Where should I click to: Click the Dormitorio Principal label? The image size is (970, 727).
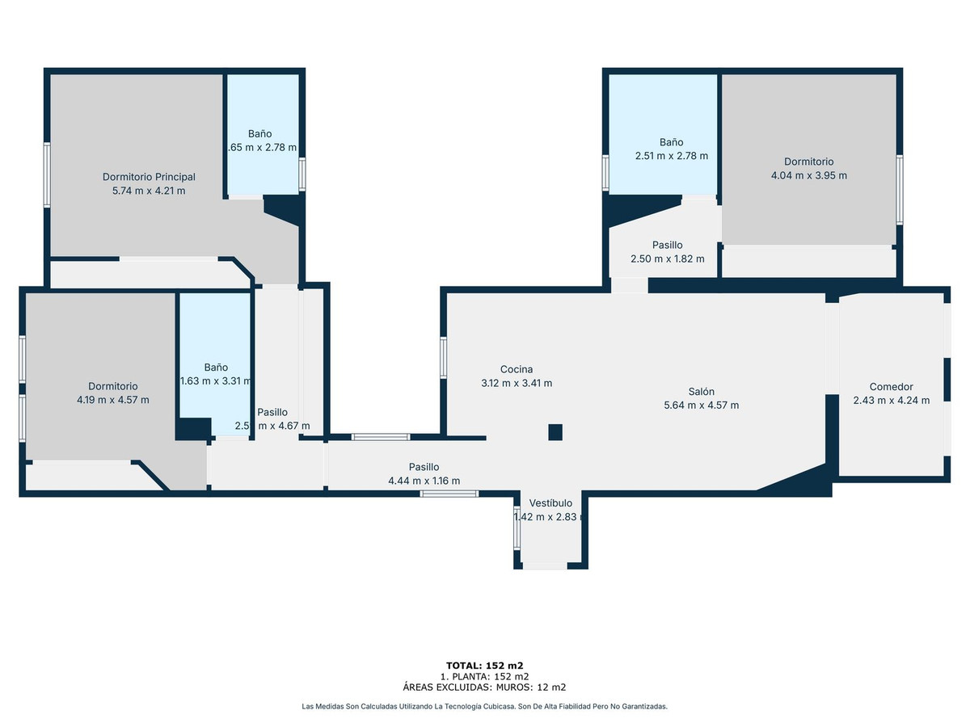click(x=149, y=177)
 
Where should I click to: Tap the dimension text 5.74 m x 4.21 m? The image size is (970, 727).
click(x=149, y=191)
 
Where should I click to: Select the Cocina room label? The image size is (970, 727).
click(x=517, y=369)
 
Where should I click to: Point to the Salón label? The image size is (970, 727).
click(x=701, y=391)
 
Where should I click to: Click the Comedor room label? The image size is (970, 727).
click(x=891, y=386)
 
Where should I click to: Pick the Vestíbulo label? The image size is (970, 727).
click(x=550, y=502)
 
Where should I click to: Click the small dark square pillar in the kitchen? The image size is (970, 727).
click(x=555, y=432)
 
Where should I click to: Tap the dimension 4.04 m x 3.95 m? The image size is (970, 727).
click(x=808, y=175)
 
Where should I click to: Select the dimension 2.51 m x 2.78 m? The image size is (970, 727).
click(x=671, y=156)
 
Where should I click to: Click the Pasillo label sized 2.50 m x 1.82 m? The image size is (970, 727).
click(x=668, y=245)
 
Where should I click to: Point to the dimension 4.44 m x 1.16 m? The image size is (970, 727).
click(x=424, y=481)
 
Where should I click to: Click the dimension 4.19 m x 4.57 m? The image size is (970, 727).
click(x=112, y=400)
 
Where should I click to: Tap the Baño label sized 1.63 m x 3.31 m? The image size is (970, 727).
click(x=216, y=367)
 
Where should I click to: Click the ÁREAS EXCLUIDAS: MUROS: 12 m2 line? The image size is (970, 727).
click(x=485, y=687)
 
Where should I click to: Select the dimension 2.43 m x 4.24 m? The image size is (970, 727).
click(x=891, y=400)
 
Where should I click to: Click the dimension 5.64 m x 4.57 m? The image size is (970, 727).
click(x=701, y=406)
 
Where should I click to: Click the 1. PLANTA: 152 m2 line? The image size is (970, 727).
click(x=485, y=676)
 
